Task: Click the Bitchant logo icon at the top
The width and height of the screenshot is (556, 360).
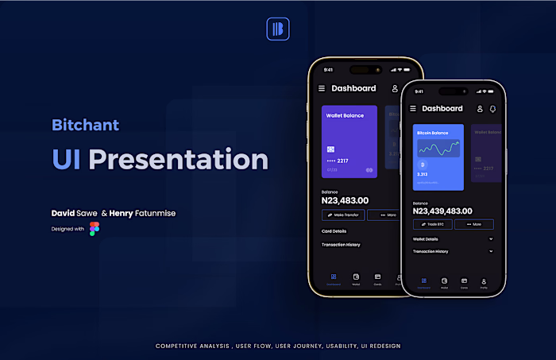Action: (278, 29)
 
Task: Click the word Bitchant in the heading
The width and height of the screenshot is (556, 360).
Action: (85, 125)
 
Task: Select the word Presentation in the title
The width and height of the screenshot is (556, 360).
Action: (178, 158)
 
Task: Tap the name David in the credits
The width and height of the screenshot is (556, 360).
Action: (67, 214)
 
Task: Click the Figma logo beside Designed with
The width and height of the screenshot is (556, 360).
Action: (95, 229)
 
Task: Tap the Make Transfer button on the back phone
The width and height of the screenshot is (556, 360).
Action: (343, 215)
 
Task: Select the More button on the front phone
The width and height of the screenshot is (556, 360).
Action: (473, 224)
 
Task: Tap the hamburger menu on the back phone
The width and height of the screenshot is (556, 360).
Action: (322, 88)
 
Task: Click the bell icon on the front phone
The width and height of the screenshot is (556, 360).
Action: (492, 108)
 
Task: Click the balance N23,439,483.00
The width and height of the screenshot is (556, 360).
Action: (442, 211)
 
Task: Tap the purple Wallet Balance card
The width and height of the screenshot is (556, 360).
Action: (349, 141)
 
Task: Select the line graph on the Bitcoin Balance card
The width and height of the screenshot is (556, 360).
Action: (438, 148)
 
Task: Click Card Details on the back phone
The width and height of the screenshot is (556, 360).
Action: (334, 231)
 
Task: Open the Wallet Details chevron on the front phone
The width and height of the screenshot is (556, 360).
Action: (491, 238)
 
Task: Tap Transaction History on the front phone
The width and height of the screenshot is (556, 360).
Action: (431, 251)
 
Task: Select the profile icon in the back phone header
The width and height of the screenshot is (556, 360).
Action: (395, 88)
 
